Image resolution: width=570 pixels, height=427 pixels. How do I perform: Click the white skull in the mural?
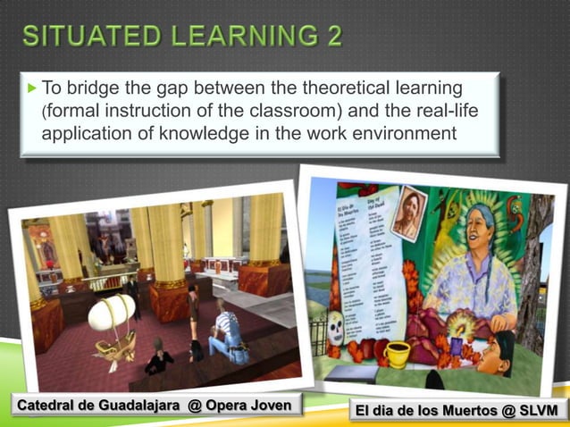point(337,329)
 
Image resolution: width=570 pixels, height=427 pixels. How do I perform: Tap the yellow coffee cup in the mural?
point(396,354)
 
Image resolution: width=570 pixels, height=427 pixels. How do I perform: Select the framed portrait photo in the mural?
point(408,212)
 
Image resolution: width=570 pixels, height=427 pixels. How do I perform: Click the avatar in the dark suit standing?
point(133,295)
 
